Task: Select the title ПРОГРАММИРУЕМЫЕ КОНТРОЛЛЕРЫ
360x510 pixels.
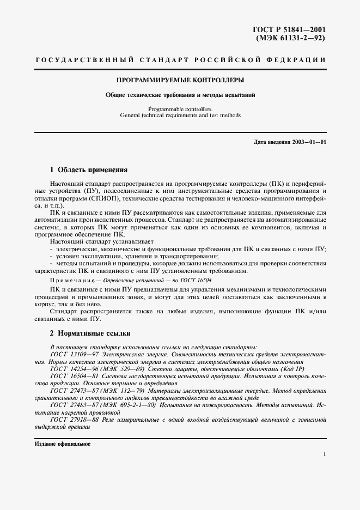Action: coord(180,80)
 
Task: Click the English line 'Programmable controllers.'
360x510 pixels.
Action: coord(180,109)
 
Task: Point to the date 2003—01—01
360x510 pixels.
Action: coord(308,143)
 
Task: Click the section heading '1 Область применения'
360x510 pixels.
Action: coord(88,169)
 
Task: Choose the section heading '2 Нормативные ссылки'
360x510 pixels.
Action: coord(90,333)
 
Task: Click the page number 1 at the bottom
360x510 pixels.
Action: coord(324,454)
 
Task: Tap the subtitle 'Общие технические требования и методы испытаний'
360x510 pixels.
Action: coord(180,95)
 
